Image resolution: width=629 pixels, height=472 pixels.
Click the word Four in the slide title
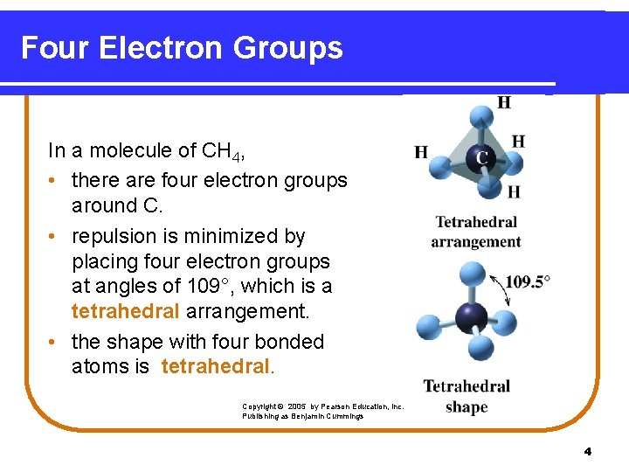point(55,48)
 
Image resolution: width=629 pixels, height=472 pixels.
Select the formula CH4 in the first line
point(222,151)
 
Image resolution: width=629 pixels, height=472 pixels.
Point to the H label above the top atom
point(504,102)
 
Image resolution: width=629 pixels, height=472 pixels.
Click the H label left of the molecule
point(420,153)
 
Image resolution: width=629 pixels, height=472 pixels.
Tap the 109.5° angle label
point(528,281)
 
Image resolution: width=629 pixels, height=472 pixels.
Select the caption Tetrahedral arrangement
point(476,232)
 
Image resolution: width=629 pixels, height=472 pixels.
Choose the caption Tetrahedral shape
point(467,396)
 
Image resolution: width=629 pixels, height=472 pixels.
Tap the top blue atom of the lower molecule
point(472,274)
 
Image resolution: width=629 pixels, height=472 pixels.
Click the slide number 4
point(587,451)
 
